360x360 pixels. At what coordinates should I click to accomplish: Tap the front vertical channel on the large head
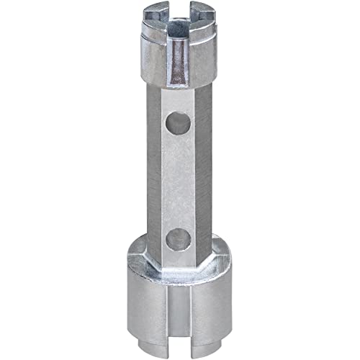click(x=179, y=310)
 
